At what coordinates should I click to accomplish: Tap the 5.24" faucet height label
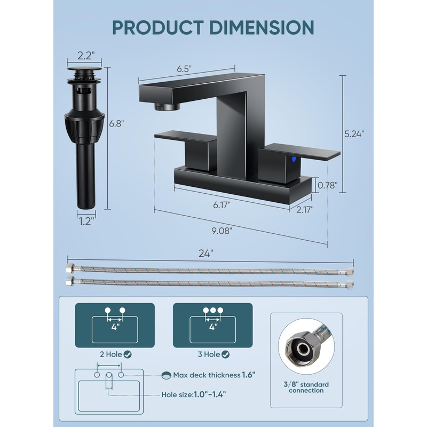[x=354, y=135]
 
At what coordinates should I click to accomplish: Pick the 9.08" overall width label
[x=222, y=231]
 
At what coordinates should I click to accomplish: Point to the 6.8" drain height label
[x=116, y=123]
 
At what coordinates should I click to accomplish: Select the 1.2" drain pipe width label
[x=85, y=220]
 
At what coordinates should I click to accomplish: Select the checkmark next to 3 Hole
[x=226, y=354]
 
